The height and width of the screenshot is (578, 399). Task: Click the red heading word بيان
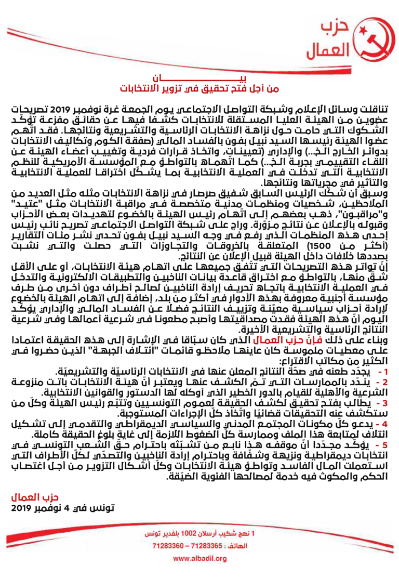(x=199, y=78)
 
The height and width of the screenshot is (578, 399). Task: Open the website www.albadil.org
(x=199, y=559)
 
